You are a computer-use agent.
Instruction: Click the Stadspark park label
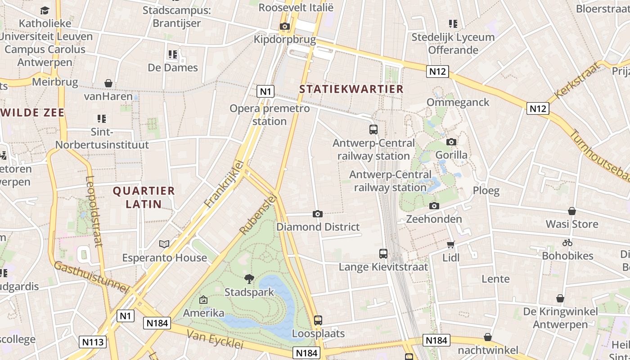[249, 292]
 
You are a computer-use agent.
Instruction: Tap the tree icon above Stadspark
[249, 279]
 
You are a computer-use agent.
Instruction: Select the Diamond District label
[318, 227]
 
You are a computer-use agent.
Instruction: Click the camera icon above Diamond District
[318, 214]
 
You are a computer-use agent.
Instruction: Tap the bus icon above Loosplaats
[318, 320]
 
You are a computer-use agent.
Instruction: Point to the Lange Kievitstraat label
[383, 267]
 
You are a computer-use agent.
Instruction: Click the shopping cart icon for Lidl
[450, 244]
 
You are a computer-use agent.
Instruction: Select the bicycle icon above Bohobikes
[567, 243]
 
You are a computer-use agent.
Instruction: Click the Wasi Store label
[571, 224]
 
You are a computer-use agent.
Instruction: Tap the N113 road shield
[93, 342]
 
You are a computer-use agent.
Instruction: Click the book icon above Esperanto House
[164, 244]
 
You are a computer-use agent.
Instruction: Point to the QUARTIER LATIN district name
[144, 197]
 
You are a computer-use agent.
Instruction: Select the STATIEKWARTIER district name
[351, 89]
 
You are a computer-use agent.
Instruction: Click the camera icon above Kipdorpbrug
[284, 27]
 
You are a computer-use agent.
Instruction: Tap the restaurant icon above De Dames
[173, 55]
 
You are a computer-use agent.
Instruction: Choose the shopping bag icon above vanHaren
[108, 83]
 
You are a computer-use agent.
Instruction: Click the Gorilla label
[451, 155]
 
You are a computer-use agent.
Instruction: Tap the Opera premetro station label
[270, 115]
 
